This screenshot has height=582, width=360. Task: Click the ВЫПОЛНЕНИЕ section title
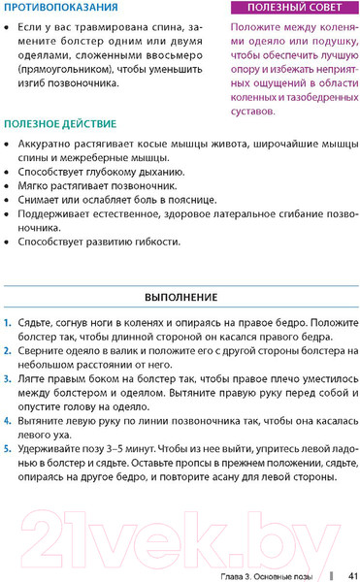pos(180,296)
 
